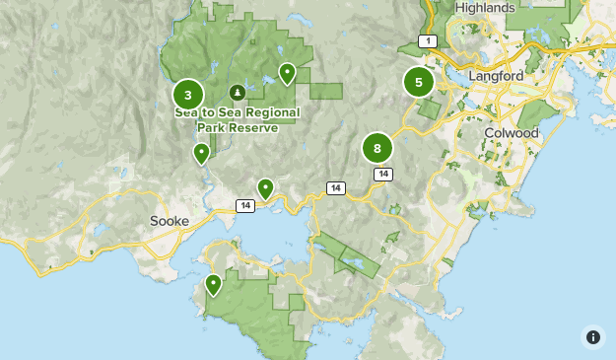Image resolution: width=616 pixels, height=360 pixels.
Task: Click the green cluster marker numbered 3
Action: tap(188, 95)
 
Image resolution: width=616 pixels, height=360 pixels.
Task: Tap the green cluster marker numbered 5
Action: tap(419, 82)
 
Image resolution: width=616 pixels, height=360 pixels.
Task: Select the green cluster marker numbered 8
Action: tap(377, 149)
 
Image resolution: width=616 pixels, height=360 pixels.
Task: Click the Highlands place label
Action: tap(485, 8)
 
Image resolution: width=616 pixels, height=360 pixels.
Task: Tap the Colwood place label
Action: tap(511, 133)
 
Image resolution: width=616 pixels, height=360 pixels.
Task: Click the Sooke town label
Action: tap(169, 221)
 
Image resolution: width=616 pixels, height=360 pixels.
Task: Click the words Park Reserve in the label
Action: tap(236, 127)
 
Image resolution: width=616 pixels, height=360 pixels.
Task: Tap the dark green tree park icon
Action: tap(237, 93)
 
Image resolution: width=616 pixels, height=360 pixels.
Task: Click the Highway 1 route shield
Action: tap(427, 40)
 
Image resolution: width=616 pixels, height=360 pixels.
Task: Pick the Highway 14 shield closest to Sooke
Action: tap(245, 205)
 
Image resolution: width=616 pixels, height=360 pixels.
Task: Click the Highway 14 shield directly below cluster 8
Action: tap(382, 174)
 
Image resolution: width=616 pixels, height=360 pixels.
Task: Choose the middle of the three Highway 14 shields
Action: tap(336, 187)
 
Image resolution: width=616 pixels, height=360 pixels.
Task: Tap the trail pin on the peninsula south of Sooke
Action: tap(213, 285)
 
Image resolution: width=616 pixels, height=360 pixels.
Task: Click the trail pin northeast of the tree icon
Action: tap(287, 72)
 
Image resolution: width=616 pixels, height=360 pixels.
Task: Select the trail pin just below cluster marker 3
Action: tap(201, 152)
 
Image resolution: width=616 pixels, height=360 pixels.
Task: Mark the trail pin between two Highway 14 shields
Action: tap(265, 187)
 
